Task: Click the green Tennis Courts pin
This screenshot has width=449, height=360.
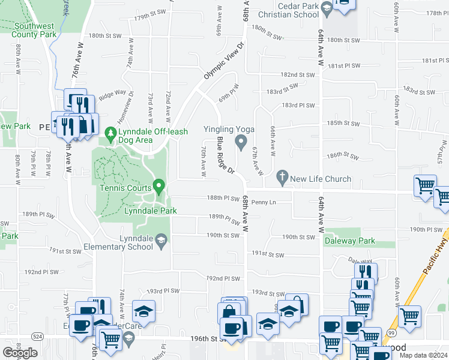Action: click(159, 188)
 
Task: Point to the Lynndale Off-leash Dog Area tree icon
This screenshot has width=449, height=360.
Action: click(110, 132)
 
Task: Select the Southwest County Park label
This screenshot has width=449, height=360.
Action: click(34, 31)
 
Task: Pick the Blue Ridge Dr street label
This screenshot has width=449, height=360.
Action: click(225, 155)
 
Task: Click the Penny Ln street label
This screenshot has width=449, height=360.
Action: click(264, 202)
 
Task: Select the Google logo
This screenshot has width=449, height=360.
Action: click(20, 352)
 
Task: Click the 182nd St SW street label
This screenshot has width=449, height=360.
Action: click(298, 75)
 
